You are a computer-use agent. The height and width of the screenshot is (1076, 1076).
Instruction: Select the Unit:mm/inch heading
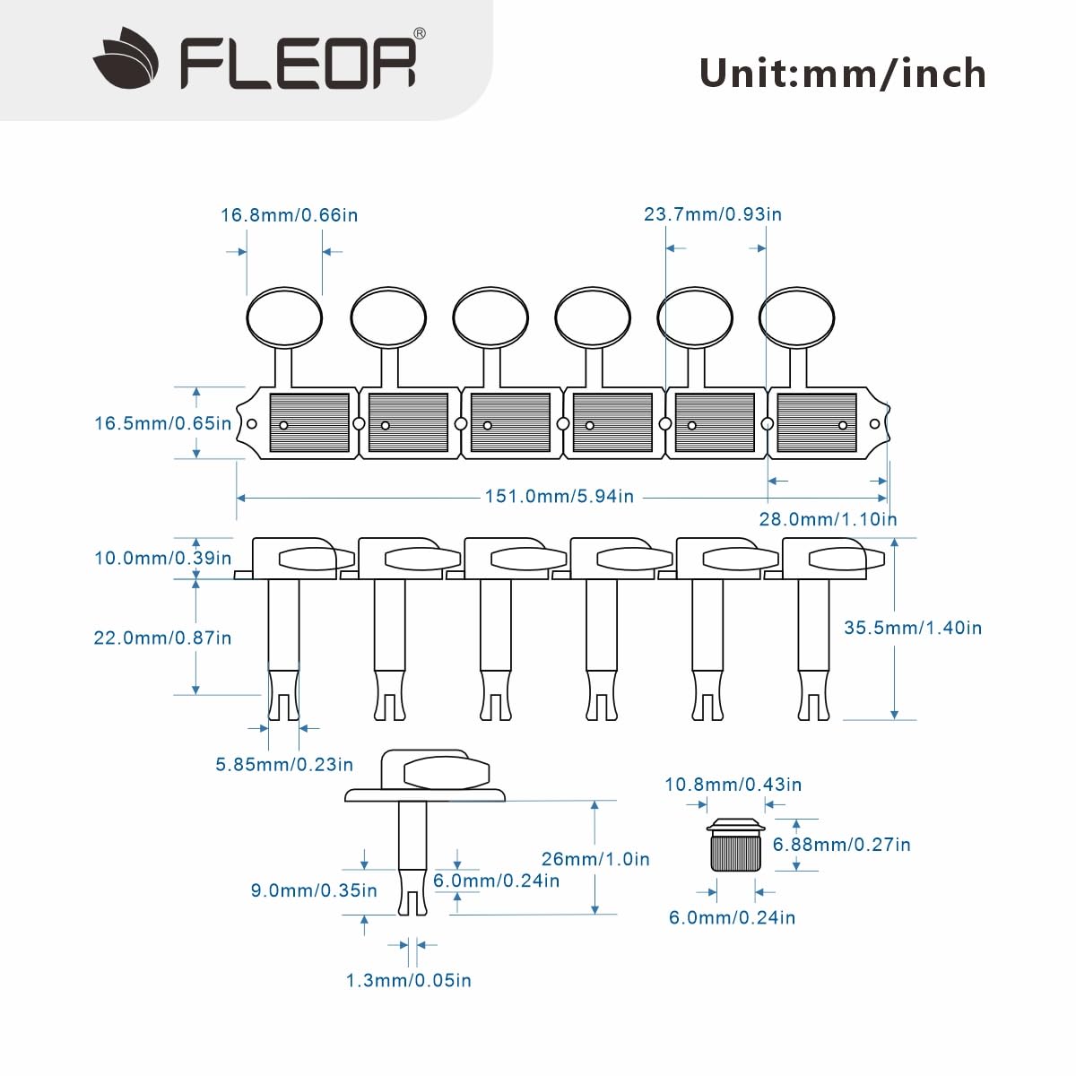[842, 74]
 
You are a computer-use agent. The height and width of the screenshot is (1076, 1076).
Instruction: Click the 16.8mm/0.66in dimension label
[290, 215]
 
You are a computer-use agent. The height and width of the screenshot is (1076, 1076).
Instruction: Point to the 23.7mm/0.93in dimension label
[713, 214]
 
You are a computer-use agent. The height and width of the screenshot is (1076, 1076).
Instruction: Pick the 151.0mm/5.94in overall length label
[559, 497]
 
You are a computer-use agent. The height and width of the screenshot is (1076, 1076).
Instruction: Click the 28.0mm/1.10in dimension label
[828, 519]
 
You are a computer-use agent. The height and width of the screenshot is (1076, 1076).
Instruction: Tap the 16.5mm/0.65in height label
[162, 423]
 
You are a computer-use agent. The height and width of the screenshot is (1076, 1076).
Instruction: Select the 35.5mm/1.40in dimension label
[913, 628]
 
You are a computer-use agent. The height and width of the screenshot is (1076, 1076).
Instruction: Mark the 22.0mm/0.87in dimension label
[162, 638]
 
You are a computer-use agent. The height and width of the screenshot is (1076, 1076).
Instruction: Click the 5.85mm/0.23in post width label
[284, 765]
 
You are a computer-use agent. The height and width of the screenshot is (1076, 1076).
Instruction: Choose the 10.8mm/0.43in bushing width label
[733, 785]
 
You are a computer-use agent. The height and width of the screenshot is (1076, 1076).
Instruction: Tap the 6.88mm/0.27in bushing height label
[841, 845]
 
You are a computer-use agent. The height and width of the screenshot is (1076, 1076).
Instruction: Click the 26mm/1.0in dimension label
[595, 859]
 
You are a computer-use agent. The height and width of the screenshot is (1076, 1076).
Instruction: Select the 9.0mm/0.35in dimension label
[314, 890]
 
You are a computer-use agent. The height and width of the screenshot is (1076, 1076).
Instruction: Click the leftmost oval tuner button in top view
[284, 317]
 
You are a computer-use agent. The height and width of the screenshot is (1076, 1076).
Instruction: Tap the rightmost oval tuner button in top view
[797, 317]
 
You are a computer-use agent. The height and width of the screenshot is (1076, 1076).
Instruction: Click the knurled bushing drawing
[735, 845]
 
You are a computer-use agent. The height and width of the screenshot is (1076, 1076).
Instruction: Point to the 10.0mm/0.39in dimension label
[162, 558]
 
